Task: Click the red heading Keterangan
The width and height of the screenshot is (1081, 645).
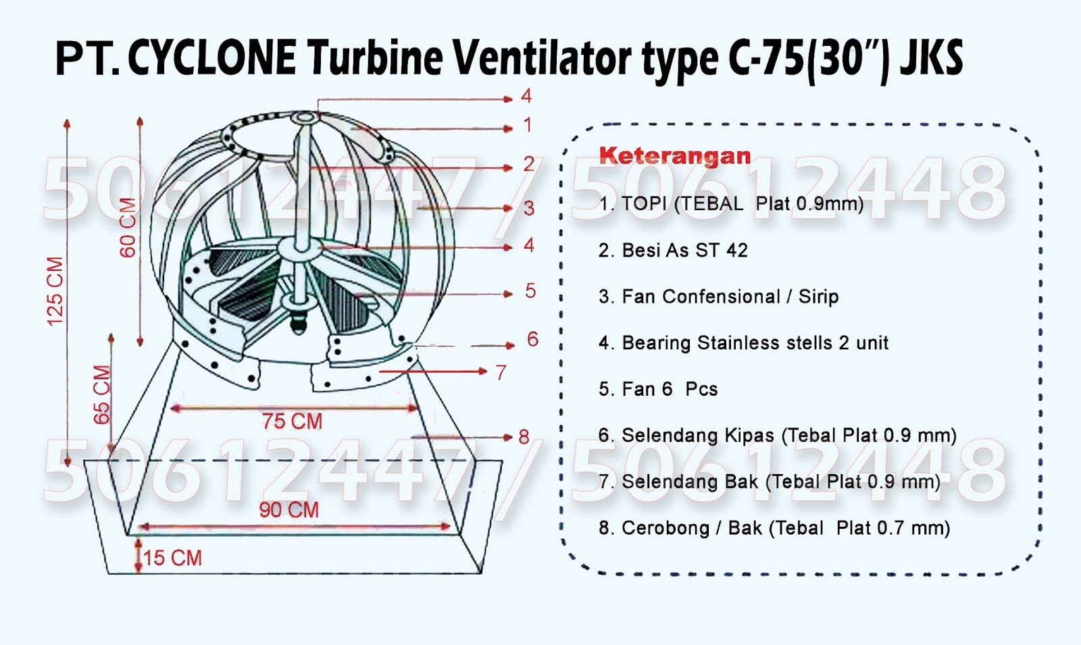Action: point(674,156)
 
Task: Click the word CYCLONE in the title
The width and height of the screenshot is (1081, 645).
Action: point(211,58)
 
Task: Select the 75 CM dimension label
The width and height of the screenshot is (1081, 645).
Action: point(292,421)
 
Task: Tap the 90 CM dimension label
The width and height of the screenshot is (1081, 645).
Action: point(288,509)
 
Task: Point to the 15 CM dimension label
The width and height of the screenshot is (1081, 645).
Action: point(172,558)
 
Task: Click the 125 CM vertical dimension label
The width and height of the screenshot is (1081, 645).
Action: point(55,291)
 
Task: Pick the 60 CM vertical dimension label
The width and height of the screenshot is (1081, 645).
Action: point(128,228)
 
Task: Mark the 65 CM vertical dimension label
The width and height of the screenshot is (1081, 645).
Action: point(101,394)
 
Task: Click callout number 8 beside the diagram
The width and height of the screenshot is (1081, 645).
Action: point(524,437)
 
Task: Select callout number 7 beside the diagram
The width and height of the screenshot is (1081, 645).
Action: point(501,373)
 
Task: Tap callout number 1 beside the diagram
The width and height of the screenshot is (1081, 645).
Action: point(528,125)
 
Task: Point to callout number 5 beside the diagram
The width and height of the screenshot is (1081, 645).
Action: point(530,291)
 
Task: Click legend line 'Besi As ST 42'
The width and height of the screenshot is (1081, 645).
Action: point(673,251)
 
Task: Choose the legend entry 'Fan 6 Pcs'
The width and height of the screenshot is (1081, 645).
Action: point(658,389)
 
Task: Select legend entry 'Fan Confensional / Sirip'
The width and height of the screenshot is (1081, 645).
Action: point(719,296)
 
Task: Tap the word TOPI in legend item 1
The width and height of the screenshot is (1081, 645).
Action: point(644,204)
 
